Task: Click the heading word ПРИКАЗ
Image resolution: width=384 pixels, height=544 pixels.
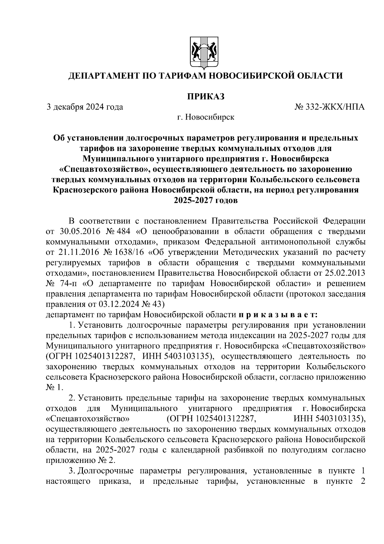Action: (x=206, y=96)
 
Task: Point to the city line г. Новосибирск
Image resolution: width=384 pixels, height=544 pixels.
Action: (x=206, y=117)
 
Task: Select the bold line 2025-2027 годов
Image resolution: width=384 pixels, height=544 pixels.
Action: (x=206, y=201)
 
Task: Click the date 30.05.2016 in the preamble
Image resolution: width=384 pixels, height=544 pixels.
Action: (x=80, y=231)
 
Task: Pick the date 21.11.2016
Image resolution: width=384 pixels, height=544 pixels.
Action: (x=80, y=252)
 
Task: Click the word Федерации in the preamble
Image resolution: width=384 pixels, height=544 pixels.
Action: (x=344, y=221)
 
